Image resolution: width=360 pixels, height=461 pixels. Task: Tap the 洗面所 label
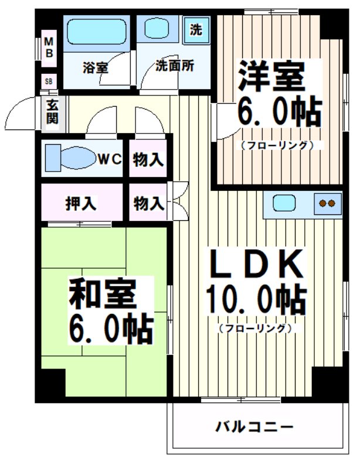(x=175, y=66)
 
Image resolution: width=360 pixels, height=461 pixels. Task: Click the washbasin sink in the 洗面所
(x=157, y=28)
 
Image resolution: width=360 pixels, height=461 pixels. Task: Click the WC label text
(x=109, y=159)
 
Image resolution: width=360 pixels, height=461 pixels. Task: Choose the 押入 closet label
(x=81, y=204)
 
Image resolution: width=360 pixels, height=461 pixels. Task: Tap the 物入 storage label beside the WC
(x=147, y=159)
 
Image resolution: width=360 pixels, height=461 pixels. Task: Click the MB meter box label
(x=50, y=47)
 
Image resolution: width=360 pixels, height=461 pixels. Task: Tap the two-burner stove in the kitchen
(x=326, y=204)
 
